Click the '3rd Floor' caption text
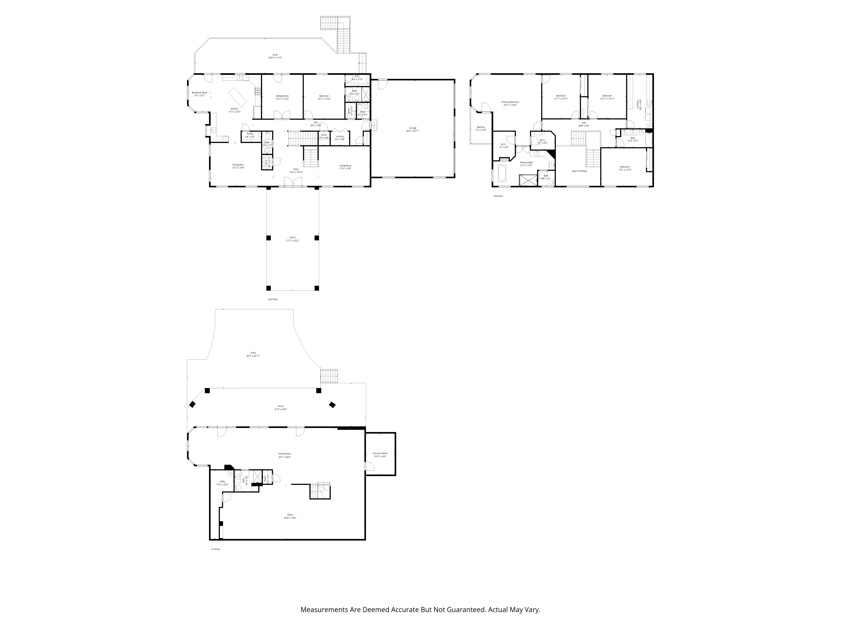498,196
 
